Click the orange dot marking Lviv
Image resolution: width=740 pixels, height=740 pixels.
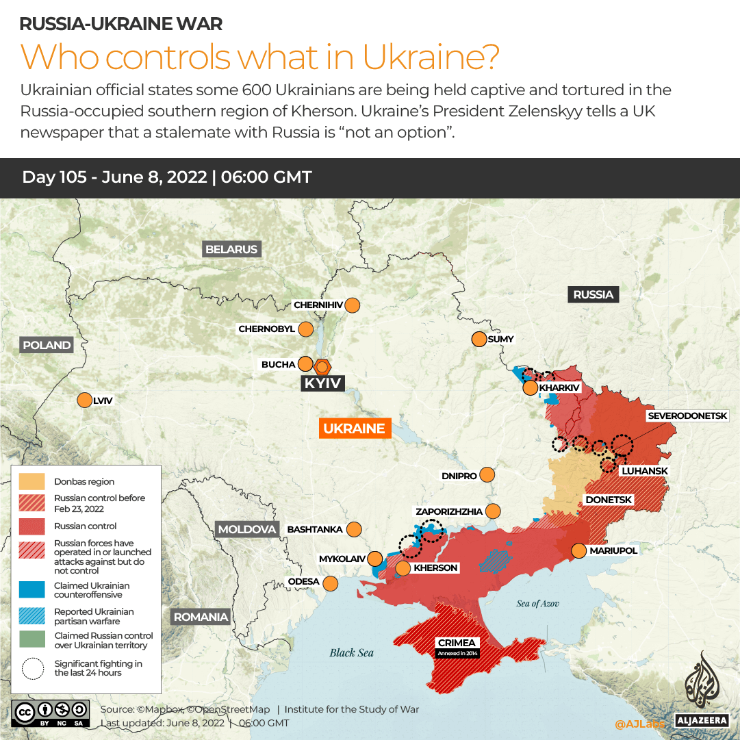click(x=85, y=400)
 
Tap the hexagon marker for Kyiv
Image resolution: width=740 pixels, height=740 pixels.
click(x=322, y=366)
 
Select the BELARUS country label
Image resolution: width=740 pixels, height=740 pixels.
click(x=231, y=249)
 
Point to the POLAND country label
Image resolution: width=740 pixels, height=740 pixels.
click(x=47, y=345)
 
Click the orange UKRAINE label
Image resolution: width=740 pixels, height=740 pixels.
click(x=355, y=429)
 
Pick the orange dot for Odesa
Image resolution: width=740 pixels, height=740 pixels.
click(x=331, y=583)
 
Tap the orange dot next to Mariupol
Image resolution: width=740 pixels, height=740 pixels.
click(x=579, y=551)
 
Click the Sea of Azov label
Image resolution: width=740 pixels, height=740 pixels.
click(x=537, y=603)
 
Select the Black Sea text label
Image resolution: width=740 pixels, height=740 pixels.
click(x=351, y=652)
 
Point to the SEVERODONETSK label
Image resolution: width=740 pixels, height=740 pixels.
click(x=693, y=416)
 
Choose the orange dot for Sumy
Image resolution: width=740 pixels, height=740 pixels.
click(x=479, y=339)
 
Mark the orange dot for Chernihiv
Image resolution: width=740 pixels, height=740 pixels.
click(x=353, y=305)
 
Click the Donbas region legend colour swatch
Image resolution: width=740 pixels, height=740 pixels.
click(x=31, y=482)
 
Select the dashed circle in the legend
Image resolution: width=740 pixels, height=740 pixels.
click(x=31, y=668)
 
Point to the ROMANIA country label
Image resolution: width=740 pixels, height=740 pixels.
click(x=201, y=617)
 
